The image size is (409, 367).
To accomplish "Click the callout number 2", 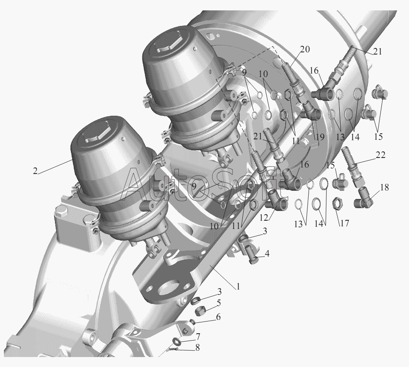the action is click(x=35, y=171).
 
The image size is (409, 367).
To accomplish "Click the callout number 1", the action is click(x=238, y=287).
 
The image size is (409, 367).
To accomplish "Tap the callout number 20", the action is click(x=305, y=49).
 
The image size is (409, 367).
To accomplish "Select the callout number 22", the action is click(x=380, y=155).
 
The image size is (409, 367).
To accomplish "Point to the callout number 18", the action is click(x=384, y=187).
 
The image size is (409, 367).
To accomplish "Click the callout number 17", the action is click(x=345, y=223).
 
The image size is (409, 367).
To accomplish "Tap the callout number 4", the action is click(x=267, y=253).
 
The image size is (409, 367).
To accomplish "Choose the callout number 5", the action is click(x=218, y=303).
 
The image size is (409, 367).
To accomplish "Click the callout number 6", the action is click(x=218, y=317).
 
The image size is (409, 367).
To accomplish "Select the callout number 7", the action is click(x=198, y=337).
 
